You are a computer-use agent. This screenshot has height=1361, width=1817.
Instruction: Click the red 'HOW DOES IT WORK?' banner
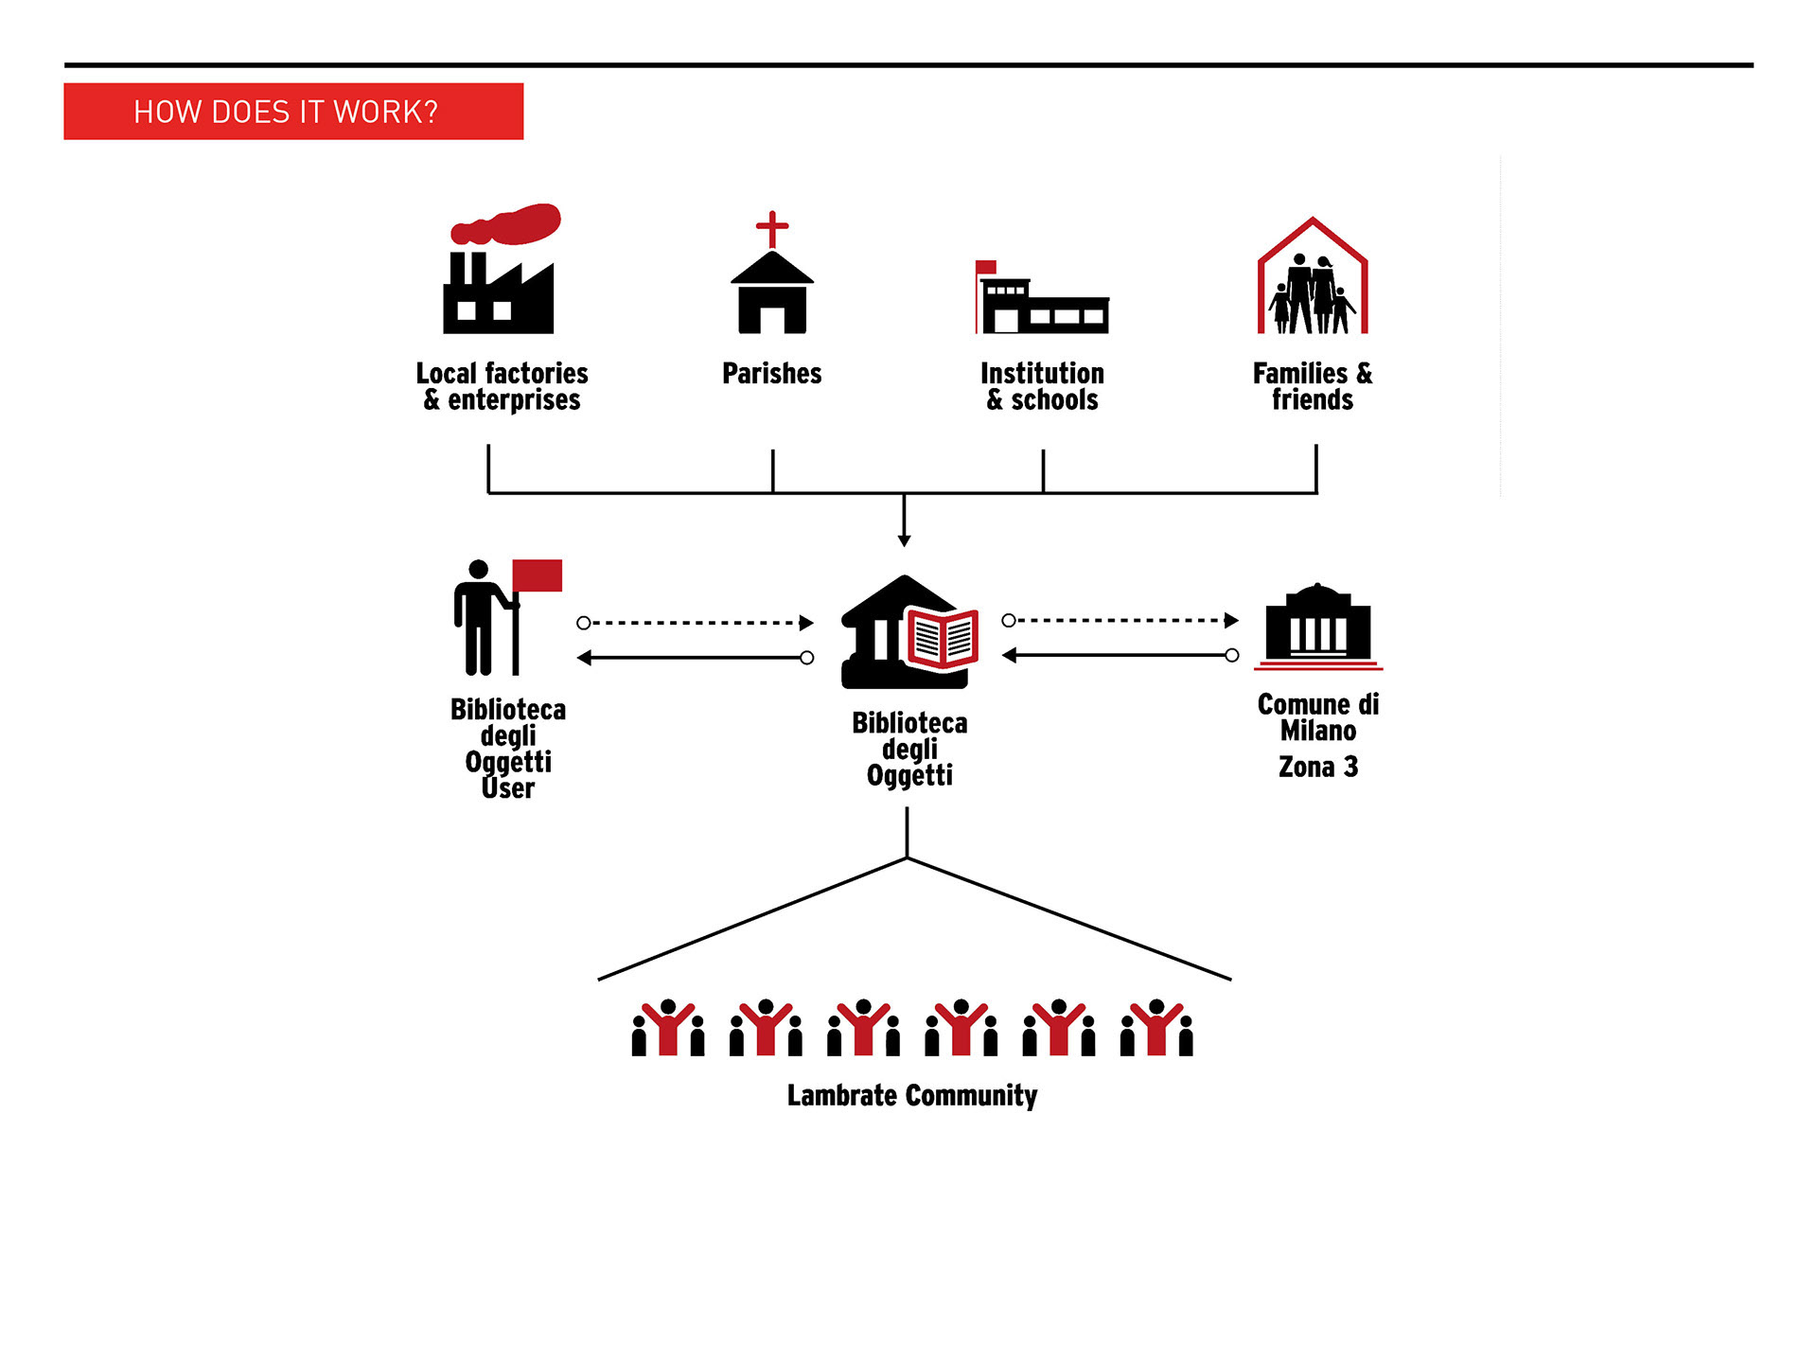pos(293,112)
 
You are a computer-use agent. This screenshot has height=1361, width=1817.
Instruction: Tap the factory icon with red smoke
pos(501,269)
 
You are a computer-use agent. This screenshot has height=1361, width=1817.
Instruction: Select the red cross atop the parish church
pos(772,229)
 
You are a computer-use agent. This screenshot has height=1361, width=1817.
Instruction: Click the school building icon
pos(1042,297)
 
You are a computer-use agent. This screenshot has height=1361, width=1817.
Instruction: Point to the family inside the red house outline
pos(1312,293)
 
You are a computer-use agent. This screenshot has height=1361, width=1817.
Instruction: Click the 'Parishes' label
pos(772,374)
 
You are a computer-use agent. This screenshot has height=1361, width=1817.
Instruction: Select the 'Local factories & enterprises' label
pos(502,386)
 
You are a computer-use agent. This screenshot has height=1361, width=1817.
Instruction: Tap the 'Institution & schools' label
pos(1042,386)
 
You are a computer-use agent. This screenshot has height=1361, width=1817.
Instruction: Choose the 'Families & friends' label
pos(1313,386)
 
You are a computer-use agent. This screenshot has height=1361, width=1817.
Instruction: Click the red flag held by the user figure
pos(537,575)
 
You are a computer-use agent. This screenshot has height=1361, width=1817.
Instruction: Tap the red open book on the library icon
pos(943,638)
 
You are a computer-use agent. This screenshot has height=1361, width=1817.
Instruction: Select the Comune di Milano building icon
pos(1318,626)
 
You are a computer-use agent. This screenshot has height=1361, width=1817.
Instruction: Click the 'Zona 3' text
pos(1318,767)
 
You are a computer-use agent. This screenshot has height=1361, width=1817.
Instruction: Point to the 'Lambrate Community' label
pos(912,1096)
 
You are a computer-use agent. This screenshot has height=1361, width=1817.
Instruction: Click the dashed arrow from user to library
pos(696,623)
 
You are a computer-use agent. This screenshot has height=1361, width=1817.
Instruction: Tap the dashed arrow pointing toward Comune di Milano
pos(1120,621)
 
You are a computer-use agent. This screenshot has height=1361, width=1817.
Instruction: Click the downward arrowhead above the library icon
pos(905,540)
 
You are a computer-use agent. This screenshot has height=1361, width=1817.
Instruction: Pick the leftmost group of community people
pos(668,1028)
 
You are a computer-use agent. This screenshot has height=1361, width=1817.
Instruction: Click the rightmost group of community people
pos(1156,1028)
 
